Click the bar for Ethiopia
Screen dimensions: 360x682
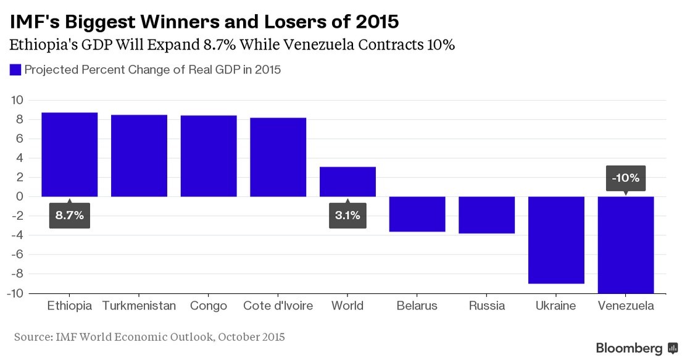click(x=69, y=154)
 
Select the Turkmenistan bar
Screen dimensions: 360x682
click(x=139, y=156)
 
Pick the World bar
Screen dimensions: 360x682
click(x=347, y=182)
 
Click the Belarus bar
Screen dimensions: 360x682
click(x=417, y=214)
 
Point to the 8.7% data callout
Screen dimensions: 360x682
click(x=70, y=216)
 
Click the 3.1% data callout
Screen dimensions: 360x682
click(x=347, y=216)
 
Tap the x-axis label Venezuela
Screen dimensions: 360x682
click(x=626, y=306)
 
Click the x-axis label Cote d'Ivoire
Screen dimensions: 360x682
click(x=278, y=306)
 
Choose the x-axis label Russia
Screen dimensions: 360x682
click(x=486, y=306)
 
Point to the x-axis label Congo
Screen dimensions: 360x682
click(x=209, y=306)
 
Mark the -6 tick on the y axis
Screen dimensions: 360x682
click(x=17, y=254)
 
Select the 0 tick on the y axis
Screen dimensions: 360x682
click(x=20, y=196)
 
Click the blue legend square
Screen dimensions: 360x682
click(x=15, y=70)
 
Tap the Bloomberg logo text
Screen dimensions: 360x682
click(x=629, y=348)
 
